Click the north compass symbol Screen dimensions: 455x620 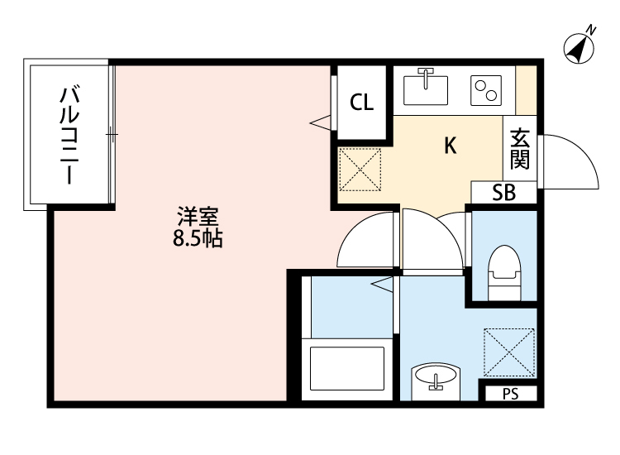(x=580, y=47)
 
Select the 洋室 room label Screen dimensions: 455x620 (x=197, y=218)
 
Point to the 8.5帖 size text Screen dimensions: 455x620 (x=197, y=241)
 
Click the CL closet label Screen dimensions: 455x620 (x=361, y=103)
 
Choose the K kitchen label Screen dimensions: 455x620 (x=450, y=146)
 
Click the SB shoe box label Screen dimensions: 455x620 (x=503, y=193)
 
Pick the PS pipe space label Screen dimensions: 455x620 (x=509, y=395)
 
